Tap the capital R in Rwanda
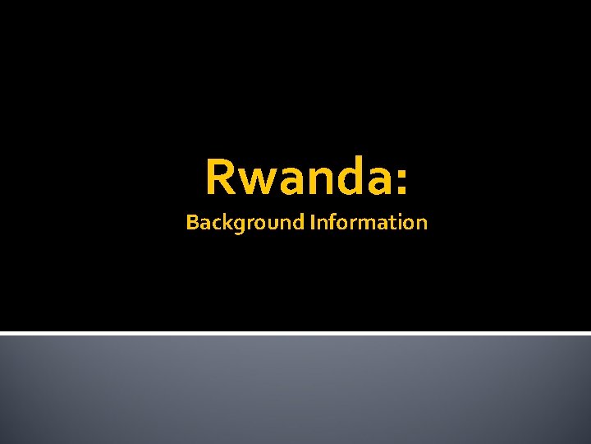click(x=219, y=178)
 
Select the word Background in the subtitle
click(x=245, y=223)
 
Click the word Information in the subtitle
click(x=369, y=222)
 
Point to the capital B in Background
click(x=191, y=222)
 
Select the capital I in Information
click(x=313, y=222)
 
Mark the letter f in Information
click(x=330, y=221)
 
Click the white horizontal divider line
click(x=295, y=333)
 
